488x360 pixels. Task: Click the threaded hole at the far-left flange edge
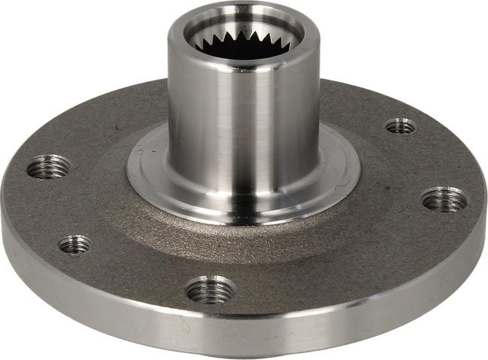[49, 166]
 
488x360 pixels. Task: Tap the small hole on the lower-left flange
[75, 244]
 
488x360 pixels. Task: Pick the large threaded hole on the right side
[444, 199]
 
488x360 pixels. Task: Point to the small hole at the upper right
[401, 126]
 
